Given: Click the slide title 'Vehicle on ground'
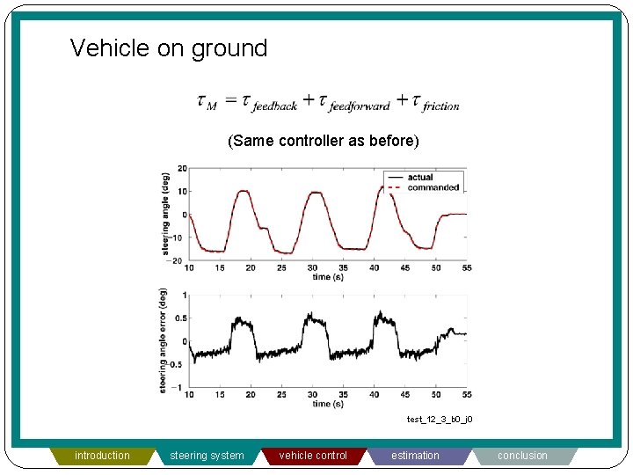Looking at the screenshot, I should (169, 47).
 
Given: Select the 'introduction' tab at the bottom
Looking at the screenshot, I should (102, 456).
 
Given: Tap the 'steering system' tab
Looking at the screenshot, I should (207, 456).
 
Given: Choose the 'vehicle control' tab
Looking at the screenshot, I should (313, 456).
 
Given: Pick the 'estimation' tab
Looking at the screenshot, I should (415, 456).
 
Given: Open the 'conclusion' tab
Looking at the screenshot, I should (522, 456).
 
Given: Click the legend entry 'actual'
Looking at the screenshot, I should (420, 178).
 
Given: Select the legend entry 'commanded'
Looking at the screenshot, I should (433, 187).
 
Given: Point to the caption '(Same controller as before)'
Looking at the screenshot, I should (324, 141).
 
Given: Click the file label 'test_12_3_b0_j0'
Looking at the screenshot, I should (440, 420).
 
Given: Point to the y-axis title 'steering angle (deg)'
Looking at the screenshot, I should (165, 213).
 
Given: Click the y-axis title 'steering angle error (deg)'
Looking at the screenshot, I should (164, 340).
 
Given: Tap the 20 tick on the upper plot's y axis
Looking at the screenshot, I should (182, 168).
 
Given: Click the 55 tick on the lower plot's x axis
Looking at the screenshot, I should (466, 395).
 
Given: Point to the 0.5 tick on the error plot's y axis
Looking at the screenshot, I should (180, 318).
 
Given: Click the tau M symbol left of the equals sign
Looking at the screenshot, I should (207, 102).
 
